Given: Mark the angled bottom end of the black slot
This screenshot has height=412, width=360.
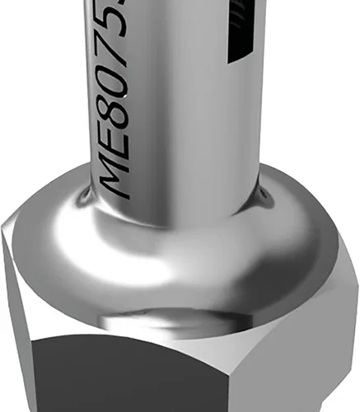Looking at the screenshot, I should [241, 59].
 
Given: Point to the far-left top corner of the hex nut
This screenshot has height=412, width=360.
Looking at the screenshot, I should [2, 216].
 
